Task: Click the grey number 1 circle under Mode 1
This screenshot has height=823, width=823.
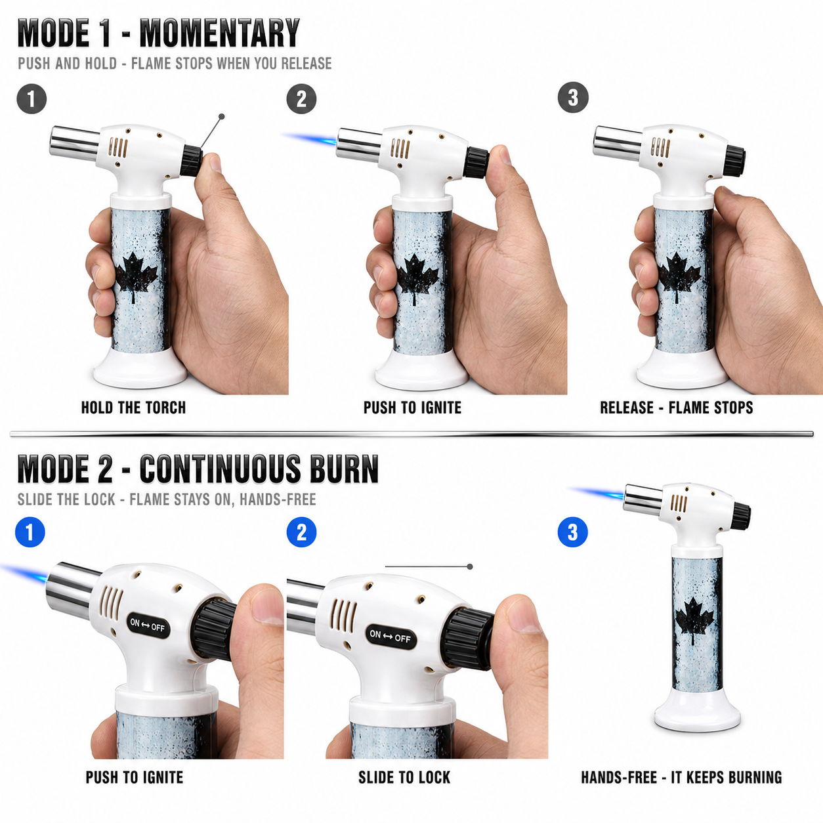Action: [32, 99]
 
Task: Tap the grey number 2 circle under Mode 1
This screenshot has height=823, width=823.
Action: [301, 99]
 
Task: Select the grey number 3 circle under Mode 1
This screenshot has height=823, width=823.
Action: [573, 98]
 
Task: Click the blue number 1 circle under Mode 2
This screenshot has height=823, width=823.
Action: [30, 532]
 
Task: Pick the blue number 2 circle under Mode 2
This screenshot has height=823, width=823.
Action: [301, 532]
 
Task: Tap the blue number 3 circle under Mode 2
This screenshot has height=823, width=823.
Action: [573, 532]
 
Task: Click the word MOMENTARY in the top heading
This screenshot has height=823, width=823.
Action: [219, 33]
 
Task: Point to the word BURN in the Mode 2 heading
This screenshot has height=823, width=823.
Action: [345, 469]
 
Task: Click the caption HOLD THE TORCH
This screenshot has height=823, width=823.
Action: [134, 408]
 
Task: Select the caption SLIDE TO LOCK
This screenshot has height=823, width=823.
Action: [404, 777]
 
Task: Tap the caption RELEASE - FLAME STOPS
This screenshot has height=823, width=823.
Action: [677, 408]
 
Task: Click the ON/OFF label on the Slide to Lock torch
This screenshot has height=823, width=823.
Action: [390, 637]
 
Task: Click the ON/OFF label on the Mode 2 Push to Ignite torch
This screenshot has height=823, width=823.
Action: [148, 625]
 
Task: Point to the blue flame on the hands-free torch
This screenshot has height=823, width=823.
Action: [597, 494]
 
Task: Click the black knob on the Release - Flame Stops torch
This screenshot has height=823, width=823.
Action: [734, 161]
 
